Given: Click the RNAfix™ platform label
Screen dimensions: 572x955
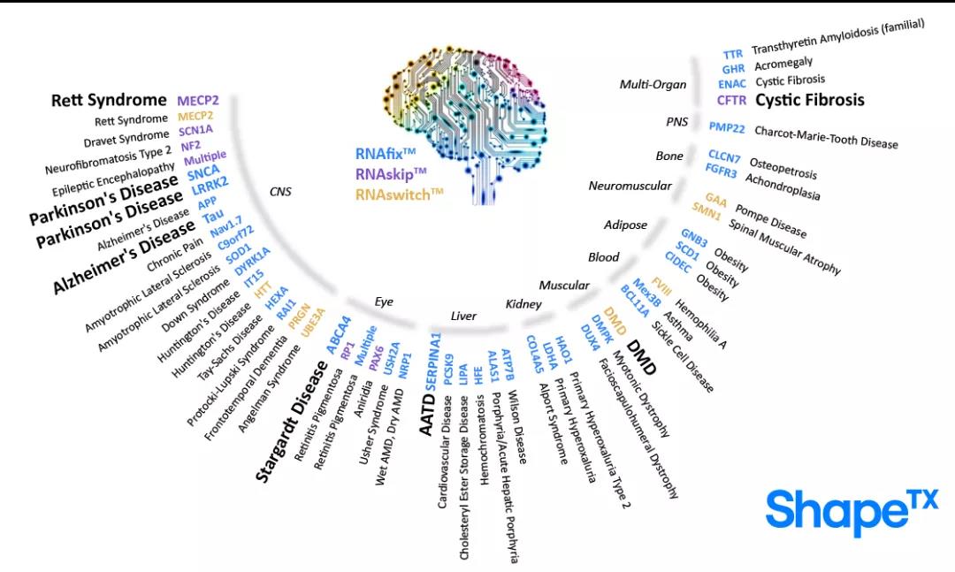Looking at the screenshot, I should (385, 155).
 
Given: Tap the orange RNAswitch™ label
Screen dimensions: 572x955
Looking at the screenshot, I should (399, 194).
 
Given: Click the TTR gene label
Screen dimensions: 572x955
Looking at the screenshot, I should (732, 55).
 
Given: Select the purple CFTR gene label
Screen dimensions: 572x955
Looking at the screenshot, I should (732, 100).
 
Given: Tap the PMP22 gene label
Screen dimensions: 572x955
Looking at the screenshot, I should (727, 127).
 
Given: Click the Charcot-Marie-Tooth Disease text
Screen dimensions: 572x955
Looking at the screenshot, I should (826, 137).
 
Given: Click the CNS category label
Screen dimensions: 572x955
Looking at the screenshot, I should (280, 191).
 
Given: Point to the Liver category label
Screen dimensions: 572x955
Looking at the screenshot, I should (463, 316).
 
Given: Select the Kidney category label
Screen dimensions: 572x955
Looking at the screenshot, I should (523, 304).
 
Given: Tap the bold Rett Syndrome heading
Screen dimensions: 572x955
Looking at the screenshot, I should (108, 100).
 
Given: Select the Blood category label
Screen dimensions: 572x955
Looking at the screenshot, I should (603, 257).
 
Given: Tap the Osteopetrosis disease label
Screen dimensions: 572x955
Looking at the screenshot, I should (783, 169).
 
